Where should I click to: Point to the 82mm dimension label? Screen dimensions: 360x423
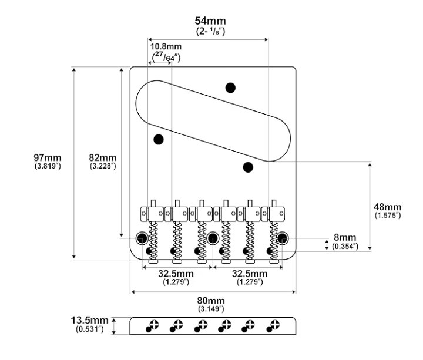[102, 158]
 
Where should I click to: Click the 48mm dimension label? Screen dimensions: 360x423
[388, 207]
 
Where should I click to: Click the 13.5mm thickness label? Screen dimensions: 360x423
[90, 320]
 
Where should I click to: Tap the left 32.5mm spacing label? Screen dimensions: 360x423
[176, 274]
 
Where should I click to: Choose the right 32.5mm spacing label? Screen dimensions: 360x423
[249, 274]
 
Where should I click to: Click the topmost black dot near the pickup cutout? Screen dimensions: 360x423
[231, 88]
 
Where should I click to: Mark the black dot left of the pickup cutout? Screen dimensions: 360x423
[158, 139]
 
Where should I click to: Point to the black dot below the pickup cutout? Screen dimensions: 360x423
[248, 167]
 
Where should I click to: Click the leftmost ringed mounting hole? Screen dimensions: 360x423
[142, 238]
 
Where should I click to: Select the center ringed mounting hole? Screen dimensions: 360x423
[213, 238]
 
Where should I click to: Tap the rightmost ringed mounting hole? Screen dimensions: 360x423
[284, 238]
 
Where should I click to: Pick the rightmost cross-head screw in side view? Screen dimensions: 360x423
[273, 325]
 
